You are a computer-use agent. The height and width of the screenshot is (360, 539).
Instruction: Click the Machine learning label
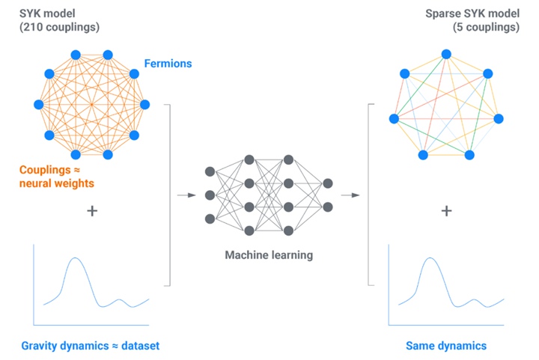coord(269,255)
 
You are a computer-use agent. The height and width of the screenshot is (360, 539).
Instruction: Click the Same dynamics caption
coord(446,346)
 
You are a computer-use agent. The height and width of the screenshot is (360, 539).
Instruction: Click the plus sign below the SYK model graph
coord(92,211)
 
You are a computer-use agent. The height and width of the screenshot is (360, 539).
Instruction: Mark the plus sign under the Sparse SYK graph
coord(447,211)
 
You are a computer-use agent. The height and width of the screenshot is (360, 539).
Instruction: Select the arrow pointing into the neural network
coord(183,195)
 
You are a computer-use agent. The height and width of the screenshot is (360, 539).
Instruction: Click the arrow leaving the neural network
coord(349,195)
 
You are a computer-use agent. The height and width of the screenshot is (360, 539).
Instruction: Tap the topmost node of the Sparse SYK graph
coord(446,54)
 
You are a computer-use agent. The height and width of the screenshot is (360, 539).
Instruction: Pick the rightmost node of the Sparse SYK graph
coord(499,118)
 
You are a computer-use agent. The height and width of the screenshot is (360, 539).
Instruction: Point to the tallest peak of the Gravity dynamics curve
coord(74,259)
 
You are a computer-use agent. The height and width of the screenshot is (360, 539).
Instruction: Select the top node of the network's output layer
coord(327,182)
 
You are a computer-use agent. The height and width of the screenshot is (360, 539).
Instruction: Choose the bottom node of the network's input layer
coord(210,219)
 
